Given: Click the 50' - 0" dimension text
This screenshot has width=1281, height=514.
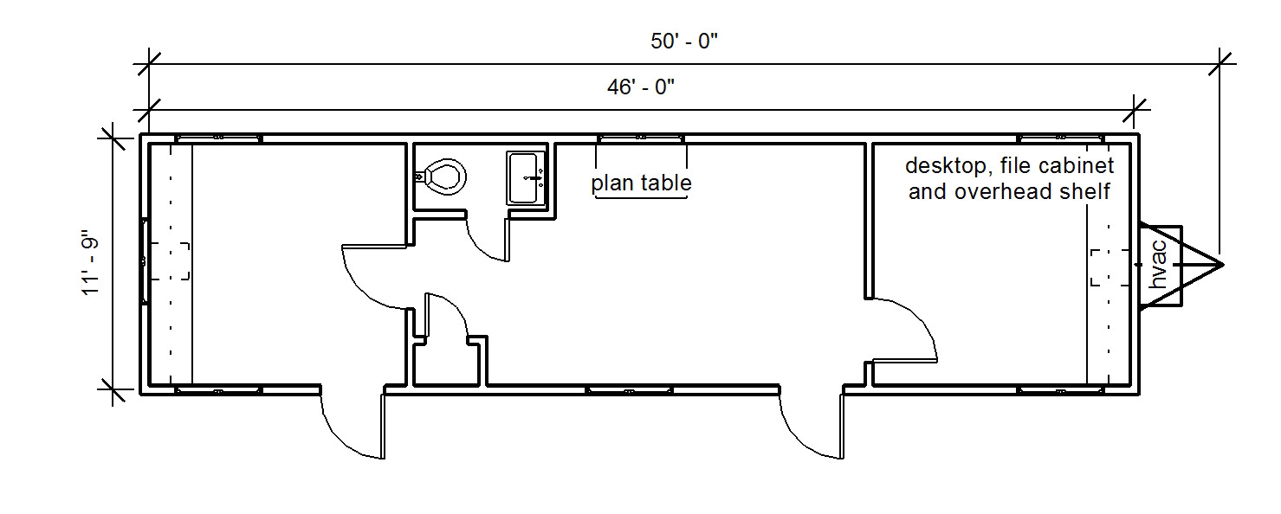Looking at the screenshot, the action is pos(684,42).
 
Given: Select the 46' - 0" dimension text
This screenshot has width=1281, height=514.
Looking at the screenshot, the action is pos(641,87).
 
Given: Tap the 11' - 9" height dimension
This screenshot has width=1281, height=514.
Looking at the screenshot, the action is pos(91,263).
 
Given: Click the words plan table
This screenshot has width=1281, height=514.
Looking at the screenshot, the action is pos(641,183).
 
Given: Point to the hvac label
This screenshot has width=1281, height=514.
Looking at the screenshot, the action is pos(1157,265).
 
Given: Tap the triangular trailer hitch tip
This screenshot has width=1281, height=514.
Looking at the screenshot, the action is pos(1223,265).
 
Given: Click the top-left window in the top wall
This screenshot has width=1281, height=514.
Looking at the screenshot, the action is pos(218,138).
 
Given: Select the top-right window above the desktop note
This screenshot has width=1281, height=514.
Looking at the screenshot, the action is pos(1061,138).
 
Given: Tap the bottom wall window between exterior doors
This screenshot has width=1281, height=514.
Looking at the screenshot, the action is pos(630,390).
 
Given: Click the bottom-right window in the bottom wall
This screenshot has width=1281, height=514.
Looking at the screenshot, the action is pos(1061,390).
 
